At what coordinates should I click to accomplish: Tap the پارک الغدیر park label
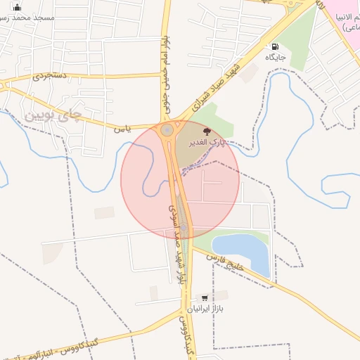[x=207, y=142]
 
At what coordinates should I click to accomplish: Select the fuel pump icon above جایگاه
[x=273, y=47]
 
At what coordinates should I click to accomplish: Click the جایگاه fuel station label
[x=274, y=57]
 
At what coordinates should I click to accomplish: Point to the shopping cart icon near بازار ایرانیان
[x=204, y=298]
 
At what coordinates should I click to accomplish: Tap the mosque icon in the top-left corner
[x=18, y=8]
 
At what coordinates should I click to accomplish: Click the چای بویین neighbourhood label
[x=53, y=115]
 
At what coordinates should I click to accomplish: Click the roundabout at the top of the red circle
[x=167, y=129]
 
